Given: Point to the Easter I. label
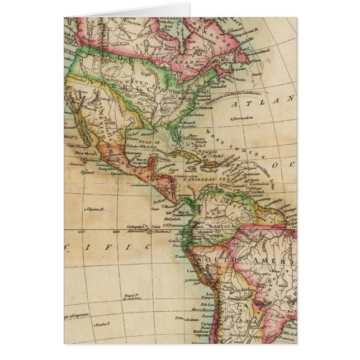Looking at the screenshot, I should pos(101,324).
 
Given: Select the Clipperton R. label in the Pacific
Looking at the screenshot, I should pos(96,210).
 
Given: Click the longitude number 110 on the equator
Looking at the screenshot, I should pos(82,230).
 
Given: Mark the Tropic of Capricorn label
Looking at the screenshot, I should pos(75,316).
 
